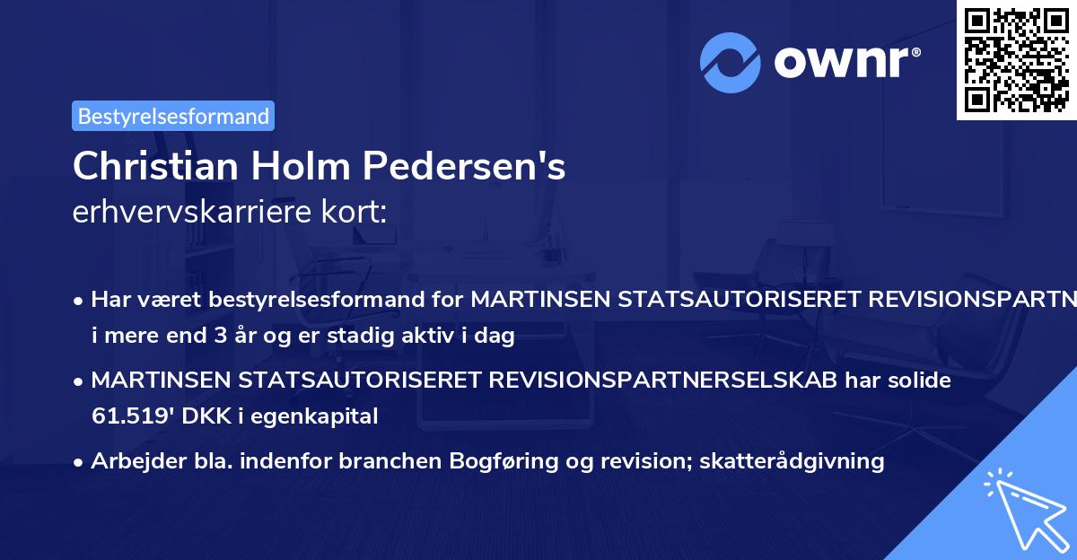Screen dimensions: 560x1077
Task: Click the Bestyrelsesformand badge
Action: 173,116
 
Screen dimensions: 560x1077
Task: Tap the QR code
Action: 1015,59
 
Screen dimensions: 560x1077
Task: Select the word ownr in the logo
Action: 843,62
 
